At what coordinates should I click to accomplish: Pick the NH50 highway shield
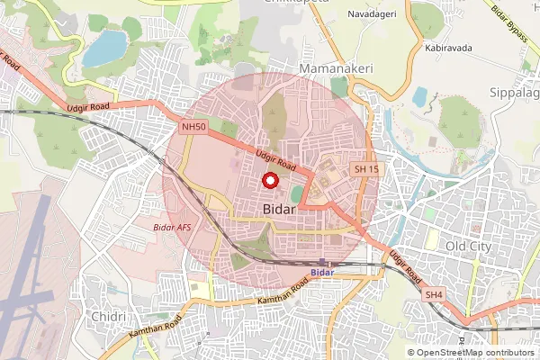click(x=193, y=128)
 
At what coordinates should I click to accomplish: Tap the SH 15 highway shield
click(x=366, y=168)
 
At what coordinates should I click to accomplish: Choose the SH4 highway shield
click(x=435, y=294)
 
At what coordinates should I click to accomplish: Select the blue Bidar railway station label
click(x=321, y=272)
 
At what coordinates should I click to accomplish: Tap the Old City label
click(x=469, y=246)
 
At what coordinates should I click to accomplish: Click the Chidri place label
click(x=107, y=317)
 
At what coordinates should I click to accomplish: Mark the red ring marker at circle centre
click(x=268, y=180)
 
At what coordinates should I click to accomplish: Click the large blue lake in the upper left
click(x=103, y=49)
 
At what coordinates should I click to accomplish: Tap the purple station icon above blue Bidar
click(x=323, y=262)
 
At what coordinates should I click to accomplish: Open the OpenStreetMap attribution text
click(x=472, y=353)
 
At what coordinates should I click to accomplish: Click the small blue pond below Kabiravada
click(x=420, y=94)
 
